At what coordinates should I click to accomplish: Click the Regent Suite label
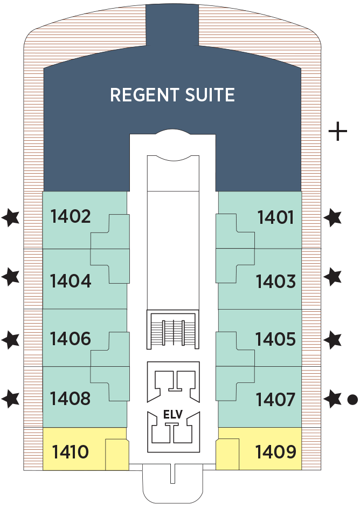point(172,95)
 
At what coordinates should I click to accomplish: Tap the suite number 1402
point(71,217)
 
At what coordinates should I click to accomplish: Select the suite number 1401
point(276,218)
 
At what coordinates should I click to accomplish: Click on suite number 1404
point(71,281)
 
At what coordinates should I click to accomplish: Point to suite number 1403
point(276,282)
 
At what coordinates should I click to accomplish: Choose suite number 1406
point(71,339)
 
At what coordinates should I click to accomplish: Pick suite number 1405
point(276,340)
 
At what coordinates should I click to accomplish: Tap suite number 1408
point(71,399)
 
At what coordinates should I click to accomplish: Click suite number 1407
point(276,400)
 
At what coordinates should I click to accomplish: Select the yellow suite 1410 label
point(70,451)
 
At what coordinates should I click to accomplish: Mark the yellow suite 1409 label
point(276,451)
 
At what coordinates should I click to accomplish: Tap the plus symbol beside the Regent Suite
point(338,131)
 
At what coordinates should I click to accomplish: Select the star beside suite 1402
point(11,217)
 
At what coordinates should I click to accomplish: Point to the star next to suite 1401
point(334,218)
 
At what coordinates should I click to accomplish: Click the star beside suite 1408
point(11,399)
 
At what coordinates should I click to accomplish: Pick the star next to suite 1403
point(334,277)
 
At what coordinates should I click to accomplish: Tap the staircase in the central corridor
point(173,330)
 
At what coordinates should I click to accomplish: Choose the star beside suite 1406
point(11,340)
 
